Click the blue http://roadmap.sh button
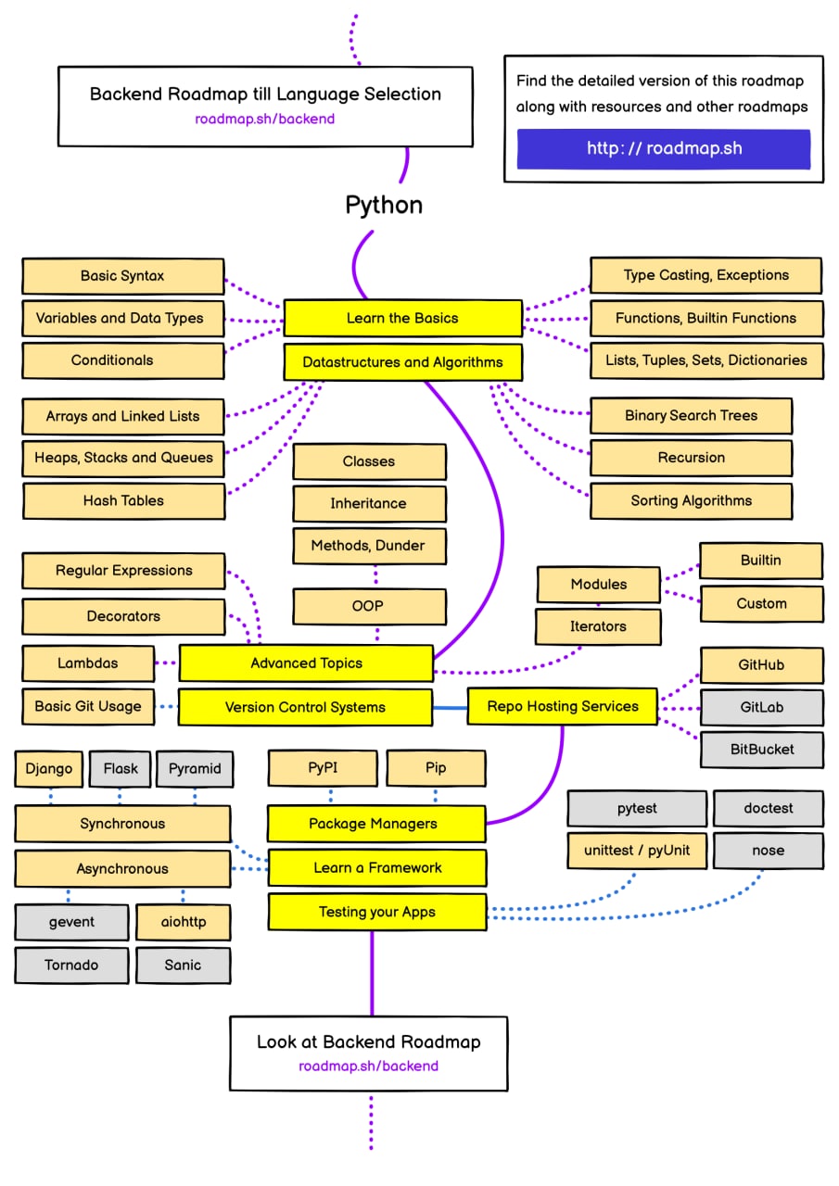pyautogui.click(x=664, y=149)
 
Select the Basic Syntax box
pyautogui.click(x=123, y=276)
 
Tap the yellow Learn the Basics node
pyautogui.click(x=403, y=318)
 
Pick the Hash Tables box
pyautogui.click(x=123, y=501)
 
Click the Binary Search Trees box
pyautogui.click(x=692, y=416)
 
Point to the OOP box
pyautogui.click(x=369, y=606)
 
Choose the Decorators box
pyautogui.click(x=123, y=616)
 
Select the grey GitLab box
pyautogui.click(x=762, y=707)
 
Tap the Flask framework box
pyautogui.click(x=121, y=769)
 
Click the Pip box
pyautogui.click(x=436, y=768)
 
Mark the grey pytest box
pyautogui.click(x=637, y=809)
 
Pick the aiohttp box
pyautogui.click(x=184, y=922)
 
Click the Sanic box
pyautogui.click(x=184, y=965)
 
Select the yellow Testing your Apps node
pyautogui.click(x=377, y=913)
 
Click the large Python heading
pyautogui.click(x=384, y=206)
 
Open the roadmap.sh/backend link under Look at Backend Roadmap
pyautogui.click(x=369, y=1066)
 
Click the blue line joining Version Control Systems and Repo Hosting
pyautogui.click(x=450, y=707)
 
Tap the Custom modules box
pyautogui.click(x=762, y=603)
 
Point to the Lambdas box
pyautogui.click(x=88, y=663)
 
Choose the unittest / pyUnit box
pyautogui.click(x=637, y=851)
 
